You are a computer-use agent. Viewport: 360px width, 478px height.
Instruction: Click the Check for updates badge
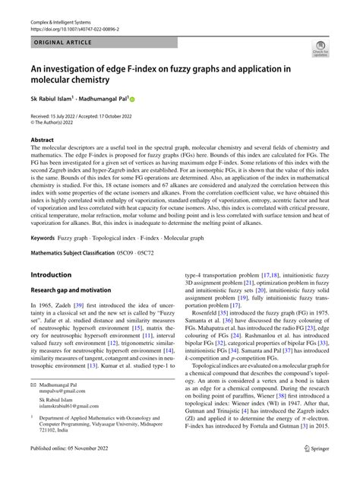[x=321, y=50]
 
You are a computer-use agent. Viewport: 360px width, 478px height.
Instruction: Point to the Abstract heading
[x=43, y=140]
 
